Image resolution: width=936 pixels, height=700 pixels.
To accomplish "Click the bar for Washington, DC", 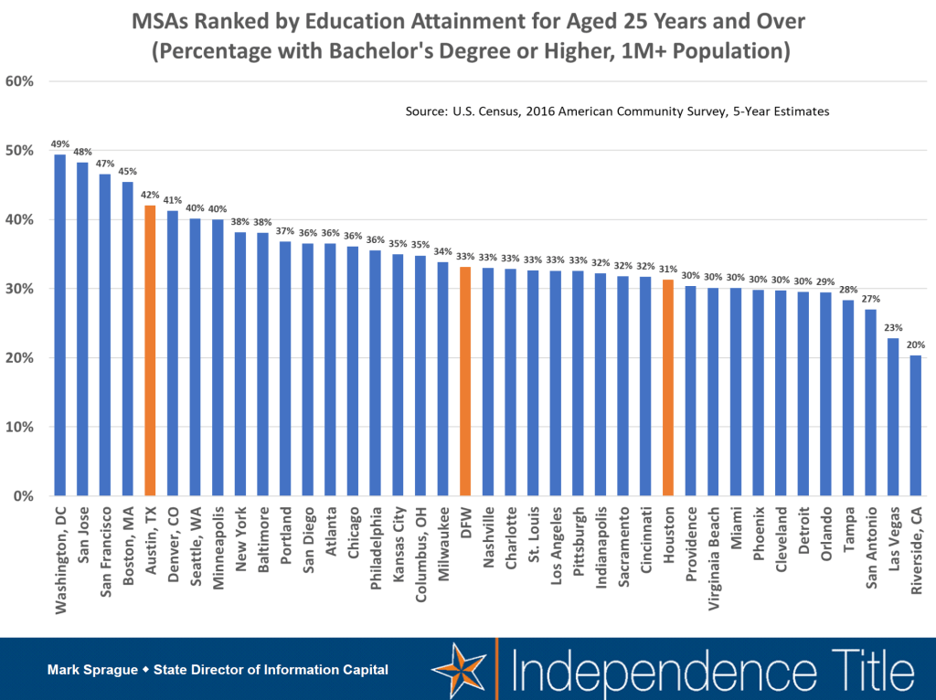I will (59, 324).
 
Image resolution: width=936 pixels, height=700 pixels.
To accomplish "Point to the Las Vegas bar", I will (893, 417).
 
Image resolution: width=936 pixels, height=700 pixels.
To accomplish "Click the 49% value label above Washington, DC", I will (59, 143).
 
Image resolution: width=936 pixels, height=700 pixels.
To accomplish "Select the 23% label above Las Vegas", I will (893, 327).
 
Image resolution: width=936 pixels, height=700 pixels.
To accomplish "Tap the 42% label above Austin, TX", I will (150, 194).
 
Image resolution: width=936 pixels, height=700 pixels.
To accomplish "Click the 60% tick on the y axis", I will (20, 81).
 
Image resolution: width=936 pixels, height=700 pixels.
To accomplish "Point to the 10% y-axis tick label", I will (20, 427).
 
